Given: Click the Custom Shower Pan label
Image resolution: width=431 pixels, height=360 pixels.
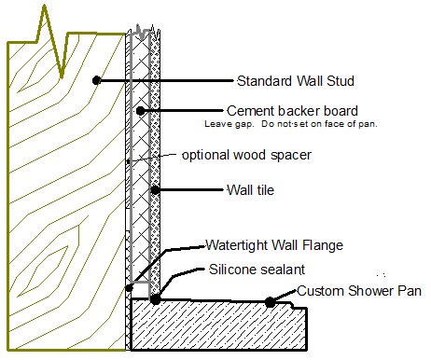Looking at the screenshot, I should pos(359,291).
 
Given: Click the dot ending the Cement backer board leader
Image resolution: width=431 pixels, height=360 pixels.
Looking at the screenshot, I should pos(140,111).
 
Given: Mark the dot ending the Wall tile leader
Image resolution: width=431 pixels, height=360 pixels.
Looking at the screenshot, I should pos(156,190).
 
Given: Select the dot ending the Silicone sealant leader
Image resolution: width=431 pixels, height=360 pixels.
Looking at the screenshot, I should pos(155,299).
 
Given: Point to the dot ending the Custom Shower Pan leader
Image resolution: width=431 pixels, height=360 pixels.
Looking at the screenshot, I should pos(270,301).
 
